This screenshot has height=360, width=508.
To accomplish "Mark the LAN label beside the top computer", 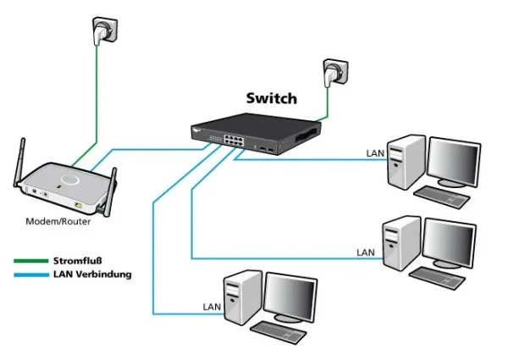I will tap(374, 153).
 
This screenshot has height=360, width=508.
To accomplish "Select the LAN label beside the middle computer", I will tap(365, 252).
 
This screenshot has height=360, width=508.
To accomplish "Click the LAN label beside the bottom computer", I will tap(212, 306).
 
